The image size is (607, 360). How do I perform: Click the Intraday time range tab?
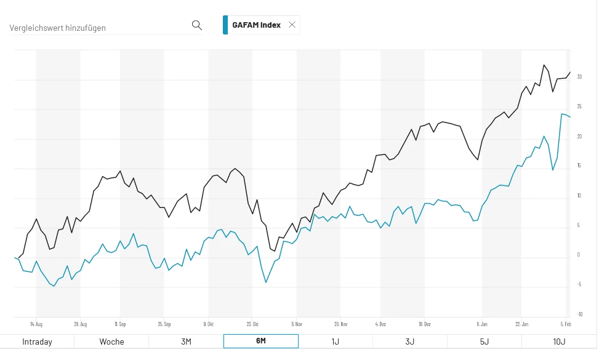tap(37, 342)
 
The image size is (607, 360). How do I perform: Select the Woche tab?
tap(111, 342)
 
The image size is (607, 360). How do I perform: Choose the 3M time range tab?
tap(186, 342)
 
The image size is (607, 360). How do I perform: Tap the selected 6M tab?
tap(260, 342)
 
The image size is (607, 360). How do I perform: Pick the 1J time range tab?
tap(336, 342)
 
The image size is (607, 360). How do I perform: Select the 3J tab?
tap(410, 342)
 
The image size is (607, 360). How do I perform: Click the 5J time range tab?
tap(484, 342)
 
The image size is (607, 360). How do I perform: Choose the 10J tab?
tap(559, 342)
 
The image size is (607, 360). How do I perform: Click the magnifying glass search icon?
tap(197, 25)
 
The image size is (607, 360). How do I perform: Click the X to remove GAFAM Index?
tap(292, 25)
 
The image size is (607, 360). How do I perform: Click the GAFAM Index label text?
tap(256, 25)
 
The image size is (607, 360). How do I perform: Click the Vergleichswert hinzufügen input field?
tap(98, 28)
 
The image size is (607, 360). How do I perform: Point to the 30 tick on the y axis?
tap(579, 77)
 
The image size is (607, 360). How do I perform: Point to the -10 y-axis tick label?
tap(579, 314)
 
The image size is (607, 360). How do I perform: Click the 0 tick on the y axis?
tap(579, 255)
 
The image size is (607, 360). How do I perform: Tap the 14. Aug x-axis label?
tap(36, 323)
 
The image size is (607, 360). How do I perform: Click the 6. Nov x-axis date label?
tap(297, 323)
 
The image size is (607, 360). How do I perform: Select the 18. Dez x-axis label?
tap(424, 323)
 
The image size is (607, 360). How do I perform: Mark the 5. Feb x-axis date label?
tap(565, 323)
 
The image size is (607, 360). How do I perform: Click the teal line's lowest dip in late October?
tap(266, 282)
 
